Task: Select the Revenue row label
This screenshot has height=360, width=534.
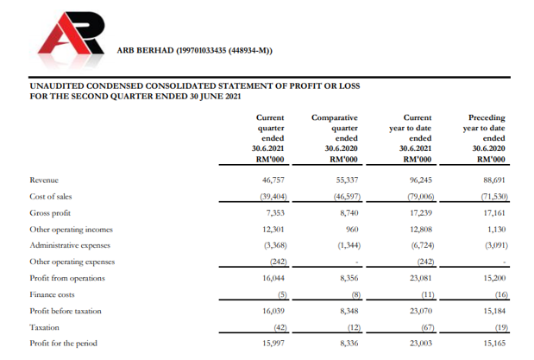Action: pyautogui.click(x=44, y=180)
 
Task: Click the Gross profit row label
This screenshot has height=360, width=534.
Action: pyautogui.click(x=50, y=212)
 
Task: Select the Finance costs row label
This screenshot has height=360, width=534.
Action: pyautogui.click(x=52, y=294)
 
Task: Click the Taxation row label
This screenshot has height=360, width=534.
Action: pyautogui.click(x=45, y=327)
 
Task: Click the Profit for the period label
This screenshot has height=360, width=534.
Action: pyautogui.click(x=63, y=344)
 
